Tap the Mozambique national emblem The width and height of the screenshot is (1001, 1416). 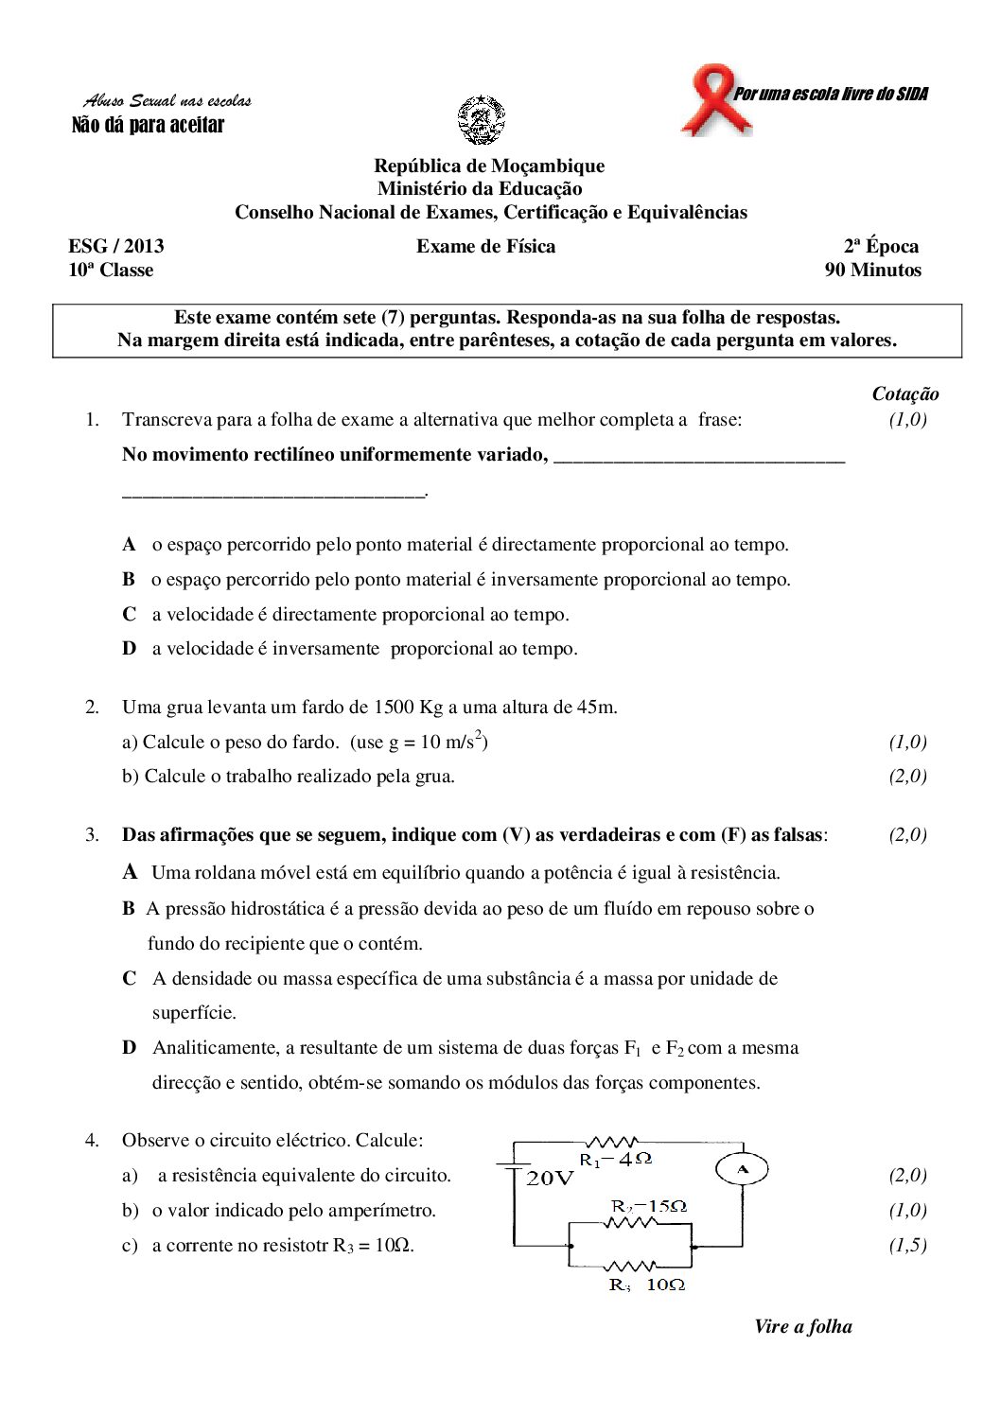coord(482,120)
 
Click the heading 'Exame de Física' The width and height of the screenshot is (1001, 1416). coord(485,247)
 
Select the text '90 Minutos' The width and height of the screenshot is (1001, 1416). coord(872,271)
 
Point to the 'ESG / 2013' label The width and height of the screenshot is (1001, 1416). coord(115,247)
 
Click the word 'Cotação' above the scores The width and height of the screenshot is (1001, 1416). coord(904,394)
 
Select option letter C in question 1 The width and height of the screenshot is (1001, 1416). coord(129,615)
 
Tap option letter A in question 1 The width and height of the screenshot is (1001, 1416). coord(129,545)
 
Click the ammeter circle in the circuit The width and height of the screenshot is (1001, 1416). coord(742,1170)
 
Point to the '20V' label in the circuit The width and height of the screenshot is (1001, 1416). coord(550,1179)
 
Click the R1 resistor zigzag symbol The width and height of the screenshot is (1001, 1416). coord(612,1143)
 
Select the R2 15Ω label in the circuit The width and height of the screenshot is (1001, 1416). coord(648,1206)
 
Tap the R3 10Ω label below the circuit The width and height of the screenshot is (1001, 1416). coord(647,1285)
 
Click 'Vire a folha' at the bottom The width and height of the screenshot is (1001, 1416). coord(802,1327)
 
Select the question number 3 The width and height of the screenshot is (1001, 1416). coord(92,835)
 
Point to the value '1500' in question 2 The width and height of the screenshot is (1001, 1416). coord(395,708)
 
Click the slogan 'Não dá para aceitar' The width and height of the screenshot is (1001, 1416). coord(149,125)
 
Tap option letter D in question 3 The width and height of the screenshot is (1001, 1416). coord(129,1048)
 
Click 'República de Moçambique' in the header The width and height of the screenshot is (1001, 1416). coord(489,166)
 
